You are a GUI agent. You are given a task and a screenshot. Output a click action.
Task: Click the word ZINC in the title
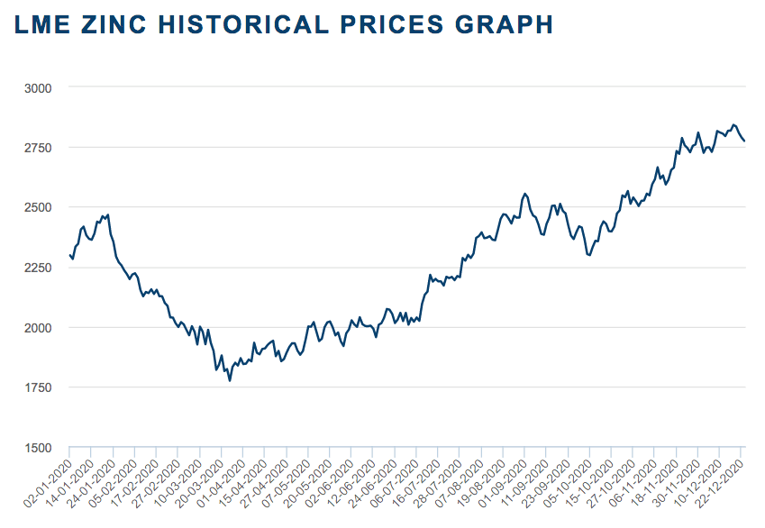coord(105,24)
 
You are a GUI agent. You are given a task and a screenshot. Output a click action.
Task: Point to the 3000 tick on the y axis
coord(39,87)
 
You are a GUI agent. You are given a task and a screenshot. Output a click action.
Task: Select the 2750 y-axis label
coord(39,147)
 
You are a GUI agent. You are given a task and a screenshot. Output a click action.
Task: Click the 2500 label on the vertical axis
coord(39,207)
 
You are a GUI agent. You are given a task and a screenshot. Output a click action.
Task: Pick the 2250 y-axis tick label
coord(39,268)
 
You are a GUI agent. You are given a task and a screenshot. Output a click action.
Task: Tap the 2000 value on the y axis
coord(39,327)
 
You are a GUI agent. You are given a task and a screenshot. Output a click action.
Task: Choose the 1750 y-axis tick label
coord(39,387)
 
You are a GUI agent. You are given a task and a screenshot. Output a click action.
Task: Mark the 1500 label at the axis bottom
coord(39,447)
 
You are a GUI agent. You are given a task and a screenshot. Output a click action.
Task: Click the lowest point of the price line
coord(230,381)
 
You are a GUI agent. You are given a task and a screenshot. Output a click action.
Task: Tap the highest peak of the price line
coord(733,124)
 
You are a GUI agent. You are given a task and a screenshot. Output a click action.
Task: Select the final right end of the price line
coord(744,141)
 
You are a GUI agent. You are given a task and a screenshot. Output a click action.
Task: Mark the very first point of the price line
coord(69,255)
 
